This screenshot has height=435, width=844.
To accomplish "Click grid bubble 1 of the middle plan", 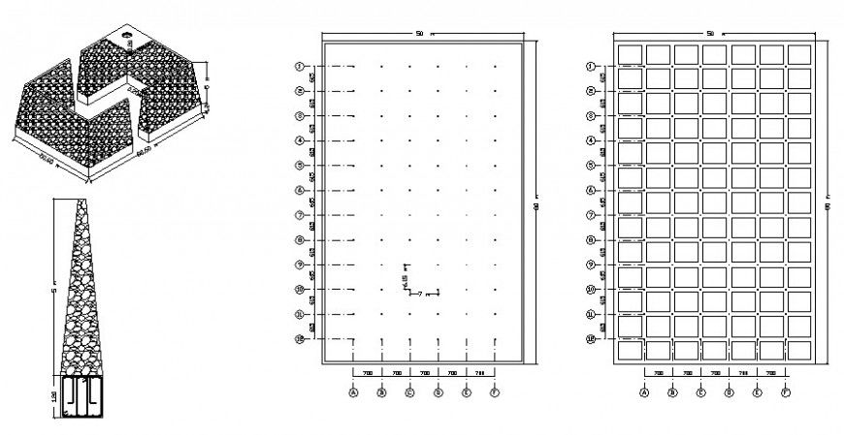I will [301, 66].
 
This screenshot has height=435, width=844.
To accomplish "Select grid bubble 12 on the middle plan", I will [301, 338].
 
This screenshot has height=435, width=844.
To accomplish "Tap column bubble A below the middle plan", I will [354, 392].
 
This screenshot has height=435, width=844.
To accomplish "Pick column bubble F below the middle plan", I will [495, 392].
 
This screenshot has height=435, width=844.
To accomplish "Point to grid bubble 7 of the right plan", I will [590, 214].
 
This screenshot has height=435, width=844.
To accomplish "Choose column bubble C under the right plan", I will [700, 392].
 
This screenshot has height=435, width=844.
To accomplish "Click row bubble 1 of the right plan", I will [590, 67].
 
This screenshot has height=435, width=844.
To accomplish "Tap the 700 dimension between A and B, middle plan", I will [368, 372].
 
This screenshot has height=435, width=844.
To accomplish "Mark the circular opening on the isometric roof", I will [126, 34].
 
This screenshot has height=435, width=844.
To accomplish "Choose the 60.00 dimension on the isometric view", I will [147, 152].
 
